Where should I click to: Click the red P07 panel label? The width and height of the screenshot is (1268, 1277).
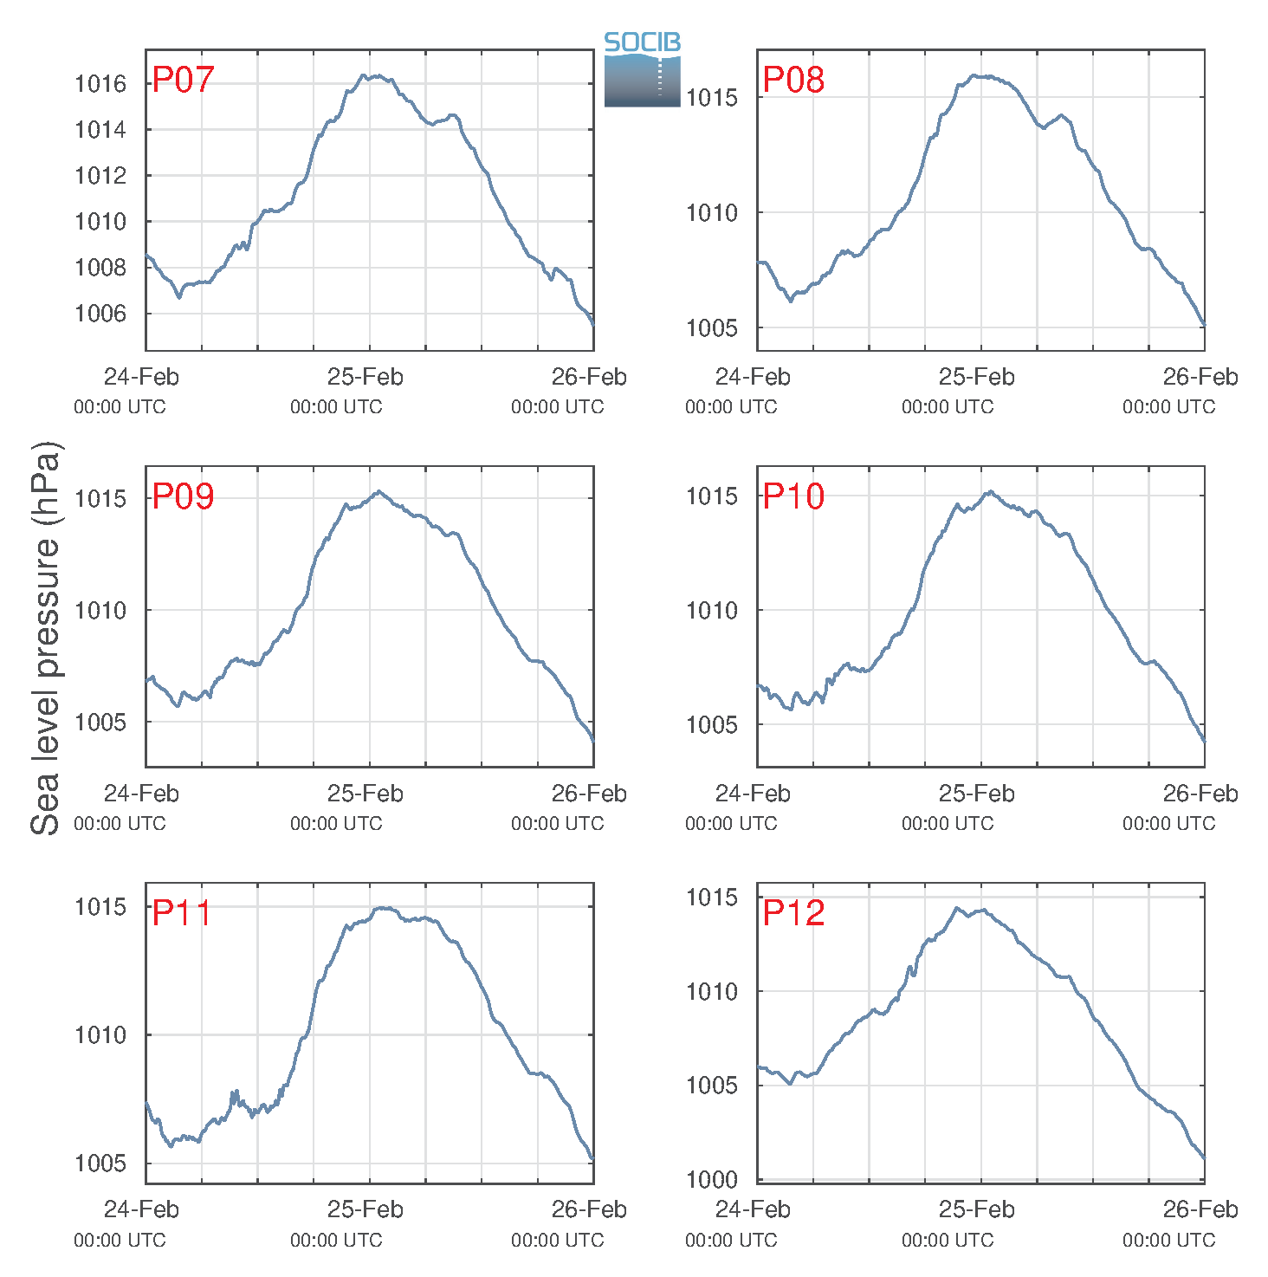click(183, 80)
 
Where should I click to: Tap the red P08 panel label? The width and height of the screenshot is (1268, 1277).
click(793, 80)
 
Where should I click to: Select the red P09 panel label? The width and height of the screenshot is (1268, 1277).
click(183, 496)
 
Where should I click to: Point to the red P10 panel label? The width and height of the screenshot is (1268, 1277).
click(793, 496)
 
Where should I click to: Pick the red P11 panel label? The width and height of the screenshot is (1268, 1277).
click(182, 912)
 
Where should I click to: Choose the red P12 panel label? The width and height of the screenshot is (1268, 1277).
click(793, 912)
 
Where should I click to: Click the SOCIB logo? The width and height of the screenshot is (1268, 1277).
click(642, 69)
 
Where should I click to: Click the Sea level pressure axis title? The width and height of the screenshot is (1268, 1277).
click(46, 638)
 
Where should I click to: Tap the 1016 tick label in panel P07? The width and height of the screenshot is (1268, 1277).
click(100, 84)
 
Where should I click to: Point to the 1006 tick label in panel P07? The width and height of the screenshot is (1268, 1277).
click(100, 314)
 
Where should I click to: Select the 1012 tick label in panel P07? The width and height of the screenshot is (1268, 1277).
click(100, 176)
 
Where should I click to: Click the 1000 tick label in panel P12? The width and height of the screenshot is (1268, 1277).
click(711, 1180)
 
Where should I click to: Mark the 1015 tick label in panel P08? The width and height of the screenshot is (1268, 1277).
click(711, 98)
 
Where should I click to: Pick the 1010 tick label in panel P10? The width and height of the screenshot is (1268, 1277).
click(711, 610)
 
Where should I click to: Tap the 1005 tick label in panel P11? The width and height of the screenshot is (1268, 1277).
click(100, 1163)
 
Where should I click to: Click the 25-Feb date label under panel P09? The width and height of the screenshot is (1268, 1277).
click(366, 794)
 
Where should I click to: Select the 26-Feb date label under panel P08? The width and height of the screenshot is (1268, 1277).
click(1200, 376)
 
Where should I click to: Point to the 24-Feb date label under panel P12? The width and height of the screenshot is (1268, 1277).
click(753, 1209)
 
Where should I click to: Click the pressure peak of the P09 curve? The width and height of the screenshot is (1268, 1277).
click(378, 491)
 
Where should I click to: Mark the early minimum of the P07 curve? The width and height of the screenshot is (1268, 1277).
click(179, 297)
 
